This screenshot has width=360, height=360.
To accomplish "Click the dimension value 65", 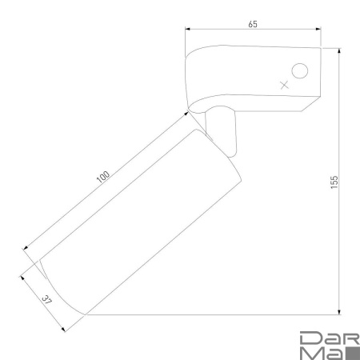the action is pyautogui.click(x=253, y=24).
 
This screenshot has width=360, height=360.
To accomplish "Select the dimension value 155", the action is pyautogui.click(x=334, y=182).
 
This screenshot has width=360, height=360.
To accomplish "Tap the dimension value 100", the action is pyautogui.click(x=103, y=177).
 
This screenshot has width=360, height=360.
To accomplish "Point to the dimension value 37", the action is pyautogui.click(x=46, y=300).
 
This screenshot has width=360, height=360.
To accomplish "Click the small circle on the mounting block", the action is pyautogui.click(x=300, y=71).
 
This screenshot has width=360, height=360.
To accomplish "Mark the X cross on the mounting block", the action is pyautogui.click(x=285, y=85).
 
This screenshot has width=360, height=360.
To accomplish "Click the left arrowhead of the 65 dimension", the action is pyautogui.click(x=188, y=29).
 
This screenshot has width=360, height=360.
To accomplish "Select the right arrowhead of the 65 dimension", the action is pyautogui.click(x=318, y=29).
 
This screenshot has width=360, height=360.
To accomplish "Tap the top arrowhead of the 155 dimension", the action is pyautogui.click(x=339, y=51).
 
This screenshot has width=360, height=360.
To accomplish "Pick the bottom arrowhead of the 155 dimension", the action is pyautogui.click(x=339, y=312).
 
